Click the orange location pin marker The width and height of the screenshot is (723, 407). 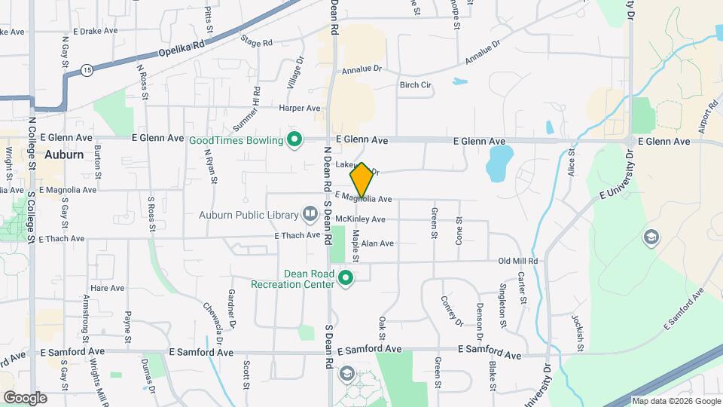pyautogui.click(x=361, y=180)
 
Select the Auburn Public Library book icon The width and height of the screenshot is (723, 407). pyautogui.click(x=310, y=215)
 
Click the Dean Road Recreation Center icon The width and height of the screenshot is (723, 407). pyautogui.click(x=346, y=279)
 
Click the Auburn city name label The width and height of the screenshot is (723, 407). pyautogui.click(x=63, y=155)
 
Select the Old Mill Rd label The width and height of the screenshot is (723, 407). pyautogui.click(x=518, y=261)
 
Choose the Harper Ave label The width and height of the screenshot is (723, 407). pyautogui.click(x=300, y=109)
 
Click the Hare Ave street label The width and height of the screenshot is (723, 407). pyautogui.click(x=107, y=288)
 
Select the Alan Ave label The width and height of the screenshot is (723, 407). pyautogui.click(x=377, y=243)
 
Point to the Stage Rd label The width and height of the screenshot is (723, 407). pyautogui.click(x=256, y=42)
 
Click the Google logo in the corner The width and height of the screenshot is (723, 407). pyautogui.click(x=24, y=397)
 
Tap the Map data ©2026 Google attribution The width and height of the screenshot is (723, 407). pyautogui.click(x=675, y=401)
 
